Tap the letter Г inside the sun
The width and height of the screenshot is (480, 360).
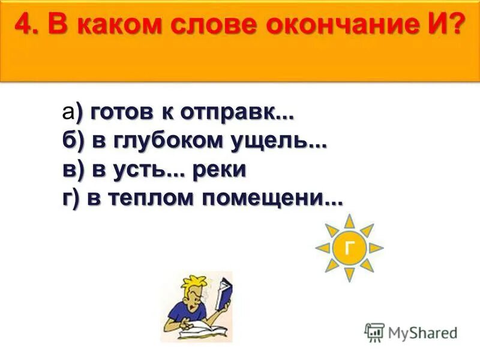[349, 247]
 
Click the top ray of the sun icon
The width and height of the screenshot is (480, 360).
[349, 220]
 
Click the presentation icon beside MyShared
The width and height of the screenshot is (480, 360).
[374, 332]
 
